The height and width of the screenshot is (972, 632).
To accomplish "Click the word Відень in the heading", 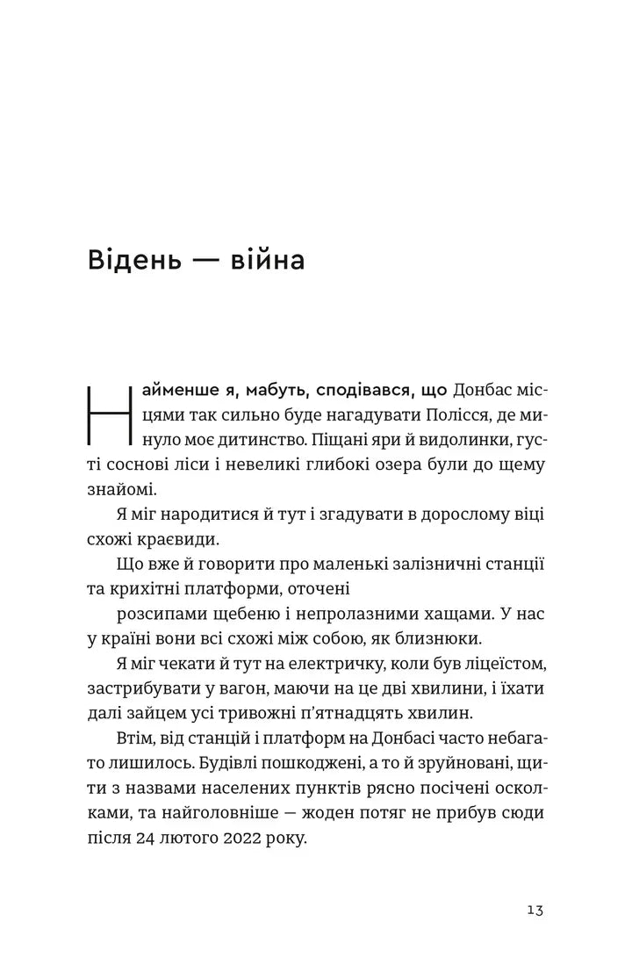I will point(132,261).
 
